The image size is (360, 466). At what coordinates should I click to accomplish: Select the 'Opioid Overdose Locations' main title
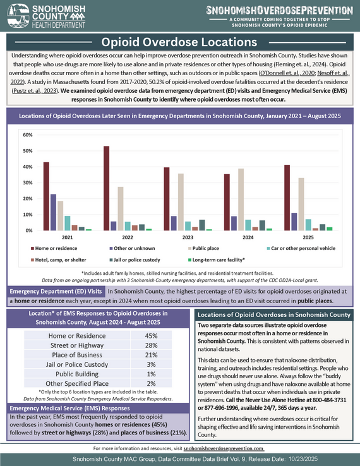(x=179, y=42)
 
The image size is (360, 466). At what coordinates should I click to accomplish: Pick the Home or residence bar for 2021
(x=46, y=196)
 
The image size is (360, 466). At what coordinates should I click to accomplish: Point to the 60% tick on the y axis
(x=28, y=135)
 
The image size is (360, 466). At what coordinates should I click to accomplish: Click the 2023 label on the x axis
(x=188, y=238)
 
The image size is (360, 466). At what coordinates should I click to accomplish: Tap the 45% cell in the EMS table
(x=152, y=336)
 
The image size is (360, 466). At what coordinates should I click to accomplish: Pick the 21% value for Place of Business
(x=152, y=355)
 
